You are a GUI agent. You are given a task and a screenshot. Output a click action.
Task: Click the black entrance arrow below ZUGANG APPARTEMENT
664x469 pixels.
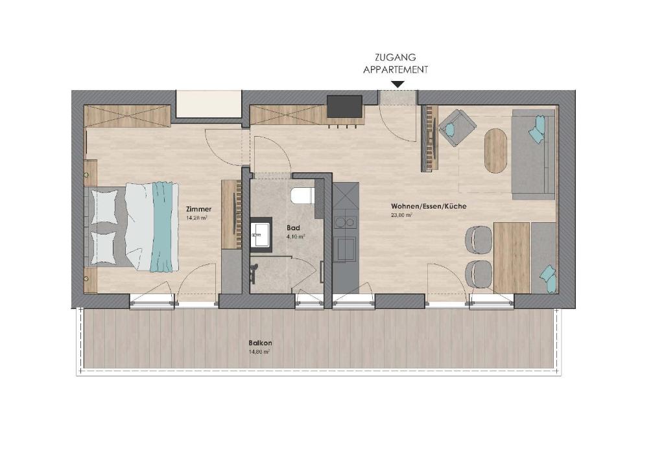pos(397,84)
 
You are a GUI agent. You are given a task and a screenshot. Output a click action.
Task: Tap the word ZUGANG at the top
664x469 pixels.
pos(396,57)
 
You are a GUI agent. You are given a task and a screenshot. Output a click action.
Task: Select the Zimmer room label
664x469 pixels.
pos(198,209)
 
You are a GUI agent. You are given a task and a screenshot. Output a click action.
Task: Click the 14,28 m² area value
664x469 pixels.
pos(196,218)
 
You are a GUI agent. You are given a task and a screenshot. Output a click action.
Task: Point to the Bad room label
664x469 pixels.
pos(292,228)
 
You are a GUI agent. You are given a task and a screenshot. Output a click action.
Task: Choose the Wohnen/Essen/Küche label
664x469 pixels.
pos(429,206)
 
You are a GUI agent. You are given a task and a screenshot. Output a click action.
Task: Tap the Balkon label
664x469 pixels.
pos(260,343)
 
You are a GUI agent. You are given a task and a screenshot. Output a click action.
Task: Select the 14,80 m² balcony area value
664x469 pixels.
pos(259,352)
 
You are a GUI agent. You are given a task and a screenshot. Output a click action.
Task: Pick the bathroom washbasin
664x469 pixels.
pos(261,233)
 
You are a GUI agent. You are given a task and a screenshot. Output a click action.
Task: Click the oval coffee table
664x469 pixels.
pos(495,150)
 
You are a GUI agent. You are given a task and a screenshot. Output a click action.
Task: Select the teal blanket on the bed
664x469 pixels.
pos(164,227)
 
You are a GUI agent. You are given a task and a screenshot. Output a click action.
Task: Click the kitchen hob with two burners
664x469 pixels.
pos(344,223)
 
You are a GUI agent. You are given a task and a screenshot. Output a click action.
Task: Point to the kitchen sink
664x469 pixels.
pos(344,249)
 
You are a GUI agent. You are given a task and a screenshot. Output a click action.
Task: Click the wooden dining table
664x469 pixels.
pos(512,258)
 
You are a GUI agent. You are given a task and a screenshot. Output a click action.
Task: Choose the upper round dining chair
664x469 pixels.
pos(479,239)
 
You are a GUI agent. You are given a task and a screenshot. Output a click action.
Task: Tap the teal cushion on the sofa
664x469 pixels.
pos(537,130)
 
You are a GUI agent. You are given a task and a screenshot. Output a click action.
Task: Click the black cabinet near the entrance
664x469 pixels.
pos(344,106)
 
